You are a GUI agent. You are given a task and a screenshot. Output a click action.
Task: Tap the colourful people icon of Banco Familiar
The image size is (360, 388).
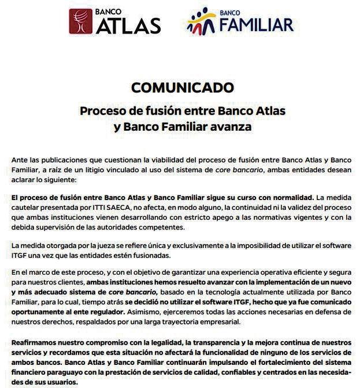(202, 21)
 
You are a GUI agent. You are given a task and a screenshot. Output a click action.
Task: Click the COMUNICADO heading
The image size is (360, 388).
(182, 87)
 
